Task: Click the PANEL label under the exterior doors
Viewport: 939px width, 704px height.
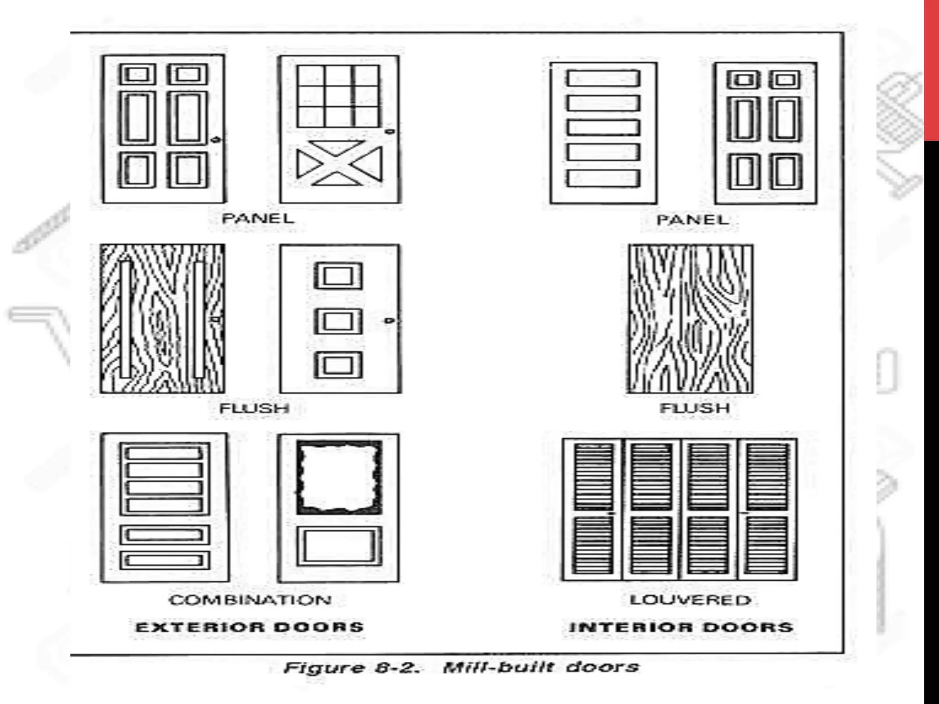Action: (x=258, y=218)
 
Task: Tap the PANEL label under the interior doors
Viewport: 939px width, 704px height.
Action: (x=692, y=220)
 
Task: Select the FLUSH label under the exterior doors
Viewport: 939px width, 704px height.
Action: (x=254, y=408)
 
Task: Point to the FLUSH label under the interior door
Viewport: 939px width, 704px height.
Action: (x=695, y=407)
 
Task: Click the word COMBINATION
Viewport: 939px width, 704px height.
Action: (x=250, y=600)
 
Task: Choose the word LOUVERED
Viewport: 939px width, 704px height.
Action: (x=690, y=600)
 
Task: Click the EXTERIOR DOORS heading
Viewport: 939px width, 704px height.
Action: (x=250, y=627)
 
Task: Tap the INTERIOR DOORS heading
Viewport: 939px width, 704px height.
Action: (x=681, y=627)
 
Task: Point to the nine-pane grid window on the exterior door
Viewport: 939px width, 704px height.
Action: (x=338, y=96)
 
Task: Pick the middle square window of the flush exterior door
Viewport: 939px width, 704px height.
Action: (x=338, y=321)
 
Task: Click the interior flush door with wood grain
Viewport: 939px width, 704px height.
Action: (x=690, y=319)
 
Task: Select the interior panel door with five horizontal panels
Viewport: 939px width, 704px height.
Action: (x=603, y=133)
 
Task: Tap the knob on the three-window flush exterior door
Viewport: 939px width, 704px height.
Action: (x=389, y=320)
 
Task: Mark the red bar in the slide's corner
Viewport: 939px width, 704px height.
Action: (x=931, y=69)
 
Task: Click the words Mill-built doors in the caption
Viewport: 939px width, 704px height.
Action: (x=541, y=667)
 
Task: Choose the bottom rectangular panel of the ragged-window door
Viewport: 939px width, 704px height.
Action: (x=339, y=546)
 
